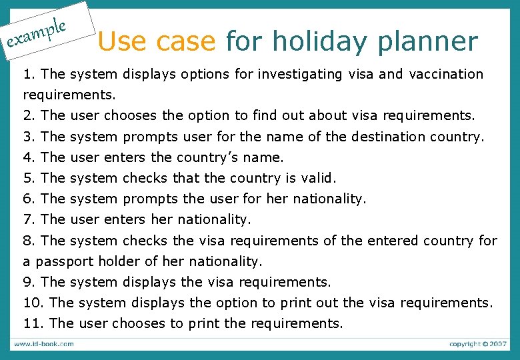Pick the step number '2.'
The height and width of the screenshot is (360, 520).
(29, 116)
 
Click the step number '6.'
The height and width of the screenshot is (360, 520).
(29, 199)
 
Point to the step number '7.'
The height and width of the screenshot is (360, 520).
(29, 219)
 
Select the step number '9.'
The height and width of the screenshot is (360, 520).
(29, 282)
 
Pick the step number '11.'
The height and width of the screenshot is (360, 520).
(33, 323)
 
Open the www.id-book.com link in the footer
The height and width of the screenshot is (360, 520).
(44, 344)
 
